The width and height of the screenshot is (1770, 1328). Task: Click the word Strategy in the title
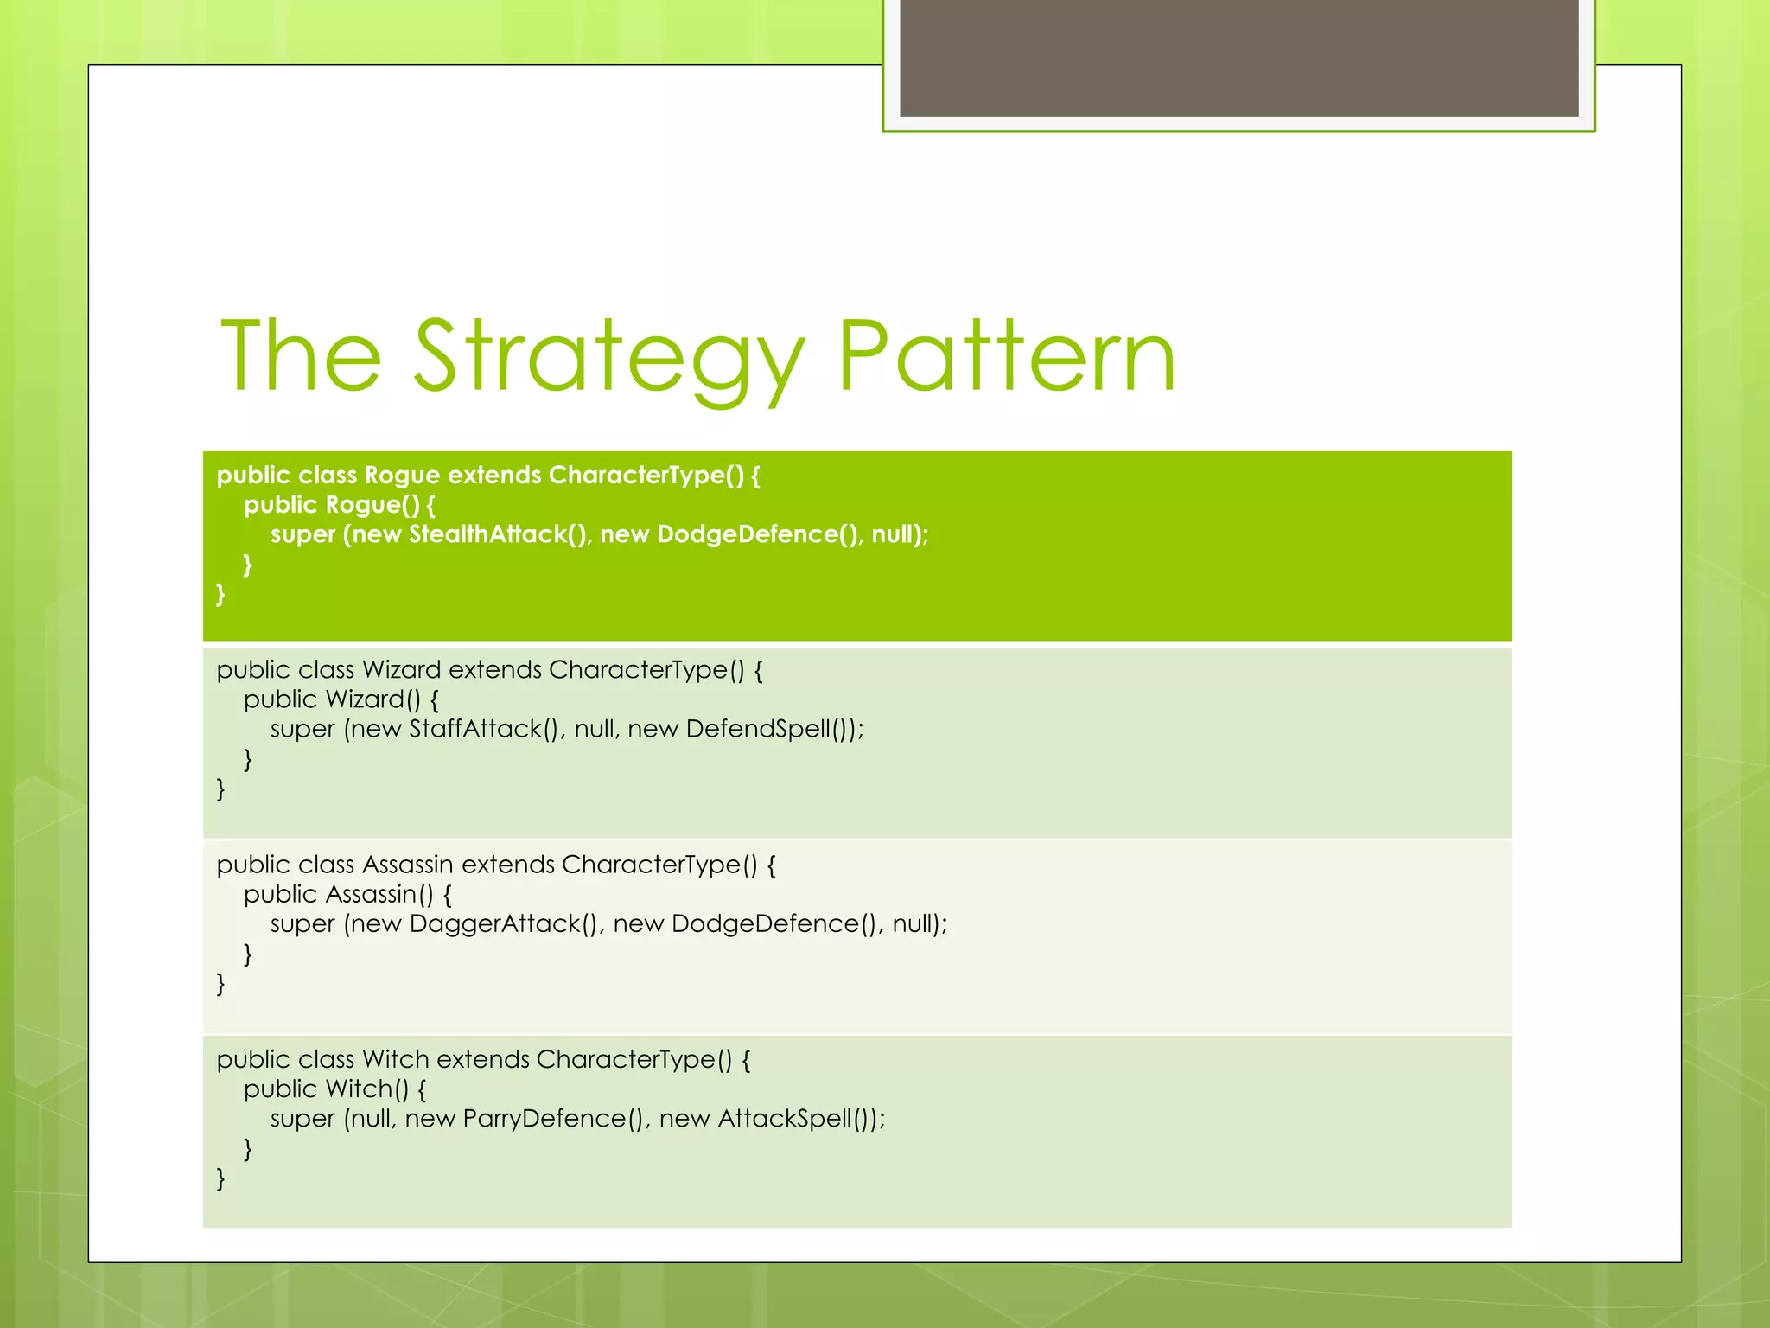608,356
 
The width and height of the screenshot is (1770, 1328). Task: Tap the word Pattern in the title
1006,356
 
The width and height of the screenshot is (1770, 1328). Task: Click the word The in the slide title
301,356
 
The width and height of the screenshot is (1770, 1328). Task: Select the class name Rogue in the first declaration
402,476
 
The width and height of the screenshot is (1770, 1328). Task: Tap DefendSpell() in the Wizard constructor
769,729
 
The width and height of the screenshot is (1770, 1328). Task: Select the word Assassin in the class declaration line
408,865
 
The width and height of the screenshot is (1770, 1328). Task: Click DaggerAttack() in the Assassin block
504,924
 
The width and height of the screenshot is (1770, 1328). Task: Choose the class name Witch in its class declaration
396,1059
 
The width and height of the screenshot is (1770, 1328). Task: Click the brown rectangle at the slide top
1238,57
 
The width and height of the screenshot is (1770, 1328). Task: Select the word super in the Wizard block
302,730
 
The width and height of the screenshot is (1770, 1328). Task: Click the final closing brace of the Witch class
220,1178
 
